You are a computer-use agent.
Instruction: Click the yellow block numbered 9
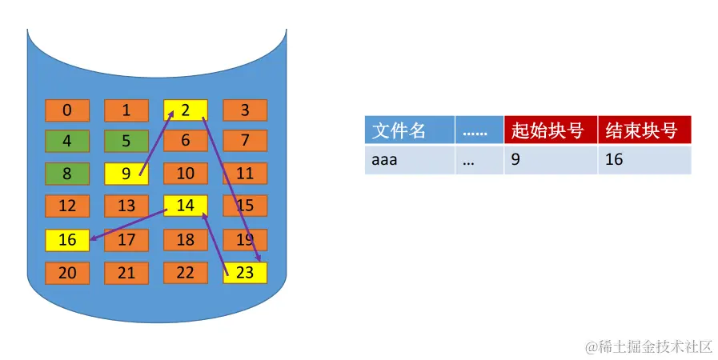tap(126, 173)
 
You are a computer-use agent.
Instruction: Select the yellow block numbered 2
tap(185, 110)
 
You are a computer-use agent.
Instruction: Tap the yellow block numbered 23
tap(245, 273)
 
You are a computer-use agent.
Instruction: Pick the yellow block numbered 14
tap(185, 206)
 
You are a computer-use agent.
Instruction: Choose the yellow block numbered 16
tap(67, 240)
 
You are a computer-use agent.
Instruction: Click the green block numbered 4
tap(67, 141)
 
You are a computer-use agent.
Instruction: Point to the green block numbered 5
tap(126, 141)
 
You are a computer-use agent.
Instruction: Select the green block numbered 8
tap(67, 173)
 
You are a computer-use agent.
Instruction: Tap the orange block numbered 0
tap(67, 110)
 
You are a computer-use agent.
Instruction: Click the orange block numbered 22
tap(185, 273)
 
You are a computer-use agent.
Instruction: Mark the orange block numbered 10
tap(185, 173)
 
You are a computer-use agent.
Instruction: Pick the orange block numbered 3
tap(245, 110)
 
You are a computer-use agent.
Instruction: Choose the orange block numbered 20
tap(67, 273)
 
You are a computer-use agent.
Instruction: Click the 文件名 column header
tap(409, 130)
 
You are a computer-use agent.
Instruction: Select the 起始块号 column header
tap(550, 130)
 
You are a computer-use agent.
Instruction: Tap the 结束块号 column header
tap(644, 130)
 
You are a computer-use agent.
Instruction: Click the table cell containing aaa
tap(409, 160)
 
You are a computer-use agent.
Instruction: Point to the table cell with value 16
tap(644, 160)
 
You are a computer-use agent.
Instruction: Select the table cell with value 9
tap(550, 160)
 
